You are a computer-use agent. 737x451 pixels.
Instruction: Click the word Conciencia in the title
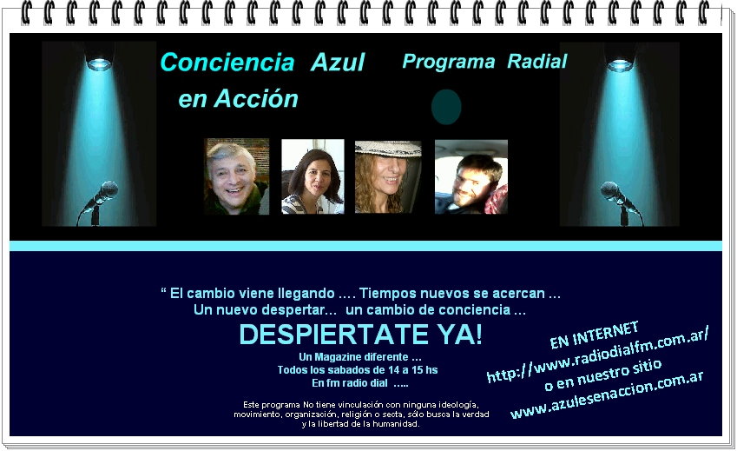(227, 62)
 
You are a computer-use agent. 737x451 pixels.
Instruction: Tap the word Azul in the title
(338, 62)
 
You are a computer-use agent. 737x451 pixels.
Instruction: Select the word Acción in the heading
(256, 99)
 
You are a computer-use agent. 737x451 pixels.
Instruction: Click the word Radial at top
(537, 61)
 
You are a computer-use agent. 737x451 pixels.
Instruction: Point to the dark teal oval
(446, 107)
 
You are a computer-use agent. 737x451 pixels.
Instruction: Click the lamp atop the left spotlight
(99, 60)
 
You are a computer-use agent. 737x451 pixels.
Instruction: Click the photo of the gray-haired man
(237, 176)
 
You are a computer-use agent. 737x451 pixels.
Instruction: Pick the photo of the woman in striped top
(313, 176)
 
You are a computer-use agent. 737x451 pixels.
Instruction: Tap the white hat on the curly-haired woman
(388, 149)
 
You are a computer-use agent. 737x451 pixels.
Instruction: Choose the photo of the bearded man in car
(471, 176)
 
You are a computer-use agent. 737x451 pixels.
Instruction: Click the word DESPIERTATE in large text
(333, 335)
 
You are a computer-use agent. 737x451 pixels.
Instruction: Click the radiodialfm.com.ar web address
(597, 355)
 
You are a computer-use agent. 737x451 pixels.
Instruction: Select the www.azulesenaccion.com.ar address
(607, 395)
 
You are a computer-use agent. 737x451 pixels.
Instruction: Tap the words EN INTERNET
(594, 335)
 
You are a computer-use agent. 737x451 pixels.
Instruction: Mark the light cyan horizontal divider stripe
(365, 246)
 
